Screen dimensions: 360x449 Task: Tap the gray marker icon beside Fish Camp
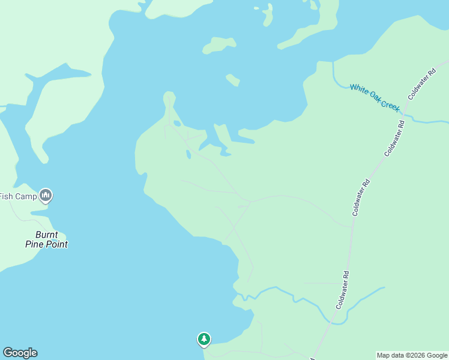click(x=46, y=195)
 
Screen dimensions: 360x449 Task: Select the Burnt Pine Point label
click(x=46, y=239)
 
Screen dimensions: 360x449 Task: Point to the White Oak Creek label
click(x=375, y=97)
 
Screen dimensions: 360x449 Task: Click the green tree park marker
click(x=204, y=340)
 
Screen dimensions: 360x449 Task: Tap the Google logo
click(x=20, y=353)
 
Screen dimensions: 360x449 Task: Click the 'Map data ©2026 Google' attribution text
click(x=412, y=355)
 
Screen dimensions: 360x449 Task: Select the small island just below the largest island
click(x=233, y=80)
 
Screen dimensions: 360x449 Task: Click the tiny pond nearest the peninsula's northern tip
click(x=177, y=124)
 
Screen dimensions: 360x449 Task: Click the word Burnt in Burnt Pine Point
click(x=46, y=235)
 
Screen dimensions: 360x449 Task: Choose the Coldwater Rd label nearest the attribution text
click(x=343, y=290)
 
